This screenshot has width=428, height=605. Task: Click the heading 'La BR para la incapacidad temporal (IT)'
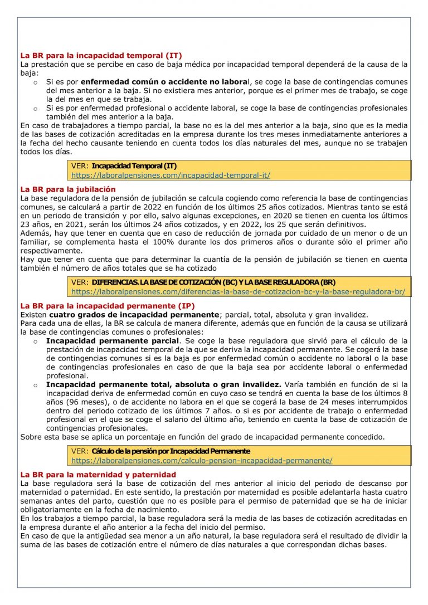(x=101, y=56)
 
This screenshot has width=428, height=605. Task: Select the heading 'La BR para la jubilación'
(x=68, y=189)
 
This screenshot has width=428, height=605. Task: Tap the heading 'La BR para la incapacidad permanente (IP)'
(x=107, y=306)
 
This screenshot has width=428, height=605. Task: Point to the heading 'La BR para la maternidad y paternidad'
(x=98, y=475)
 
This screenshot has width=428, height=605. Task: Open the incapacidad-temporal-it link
(x=171, y=175)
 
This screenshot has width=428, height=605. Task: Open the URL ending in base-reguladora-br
(x=238, y=291)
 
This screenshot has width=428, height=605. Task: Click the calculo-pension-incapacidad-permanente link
(x=202, y=461)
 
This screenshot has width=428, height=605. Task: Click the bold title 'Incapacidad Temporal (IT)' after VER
(x=134, y=166)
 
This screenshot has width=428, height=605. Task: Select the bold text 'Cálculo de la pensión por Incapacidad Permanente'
(x=171, y=451)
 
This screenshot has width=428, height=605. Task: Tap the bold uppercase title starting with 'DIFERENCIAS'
(x=213, y=282)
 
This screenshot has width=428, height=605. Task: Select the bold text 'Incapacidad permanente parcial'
(x=113, y=340)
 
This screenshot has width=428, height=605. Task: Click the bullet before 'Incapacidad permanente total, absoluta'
(x=35, y=385)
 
